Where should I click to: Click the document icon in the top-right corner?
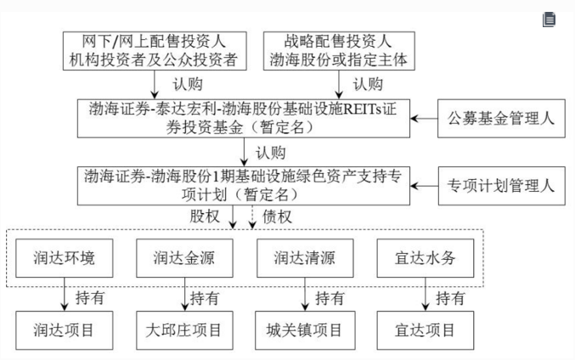[x=550, y=19]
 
